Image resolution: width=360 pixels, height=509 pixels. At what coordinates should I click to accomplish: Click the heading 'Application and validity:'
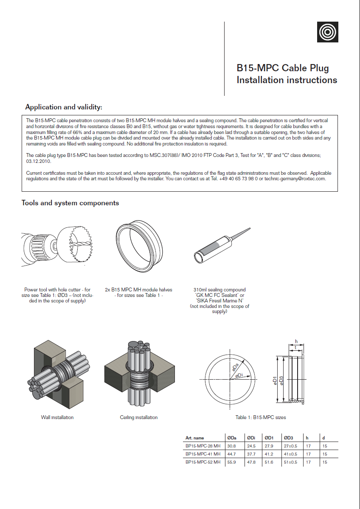64,107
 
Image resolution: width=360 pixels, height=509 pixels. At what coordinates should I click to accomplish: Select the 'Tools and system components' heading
70,203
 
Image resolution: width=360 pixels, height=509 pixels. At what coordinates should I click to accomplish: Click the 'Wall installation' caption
57,417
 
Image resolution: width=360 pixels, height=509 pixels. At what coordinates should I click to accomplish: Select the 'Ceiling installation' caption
139,417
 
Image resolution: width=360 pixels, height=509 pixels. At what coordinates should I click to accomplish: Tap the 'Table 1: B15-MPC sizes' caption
261,417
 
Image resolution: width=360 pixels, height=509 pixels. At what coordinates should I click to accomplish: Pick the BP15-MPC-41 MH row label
203,454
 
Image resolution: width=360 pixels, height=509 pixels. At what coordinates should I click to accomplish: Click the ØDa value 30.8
231,446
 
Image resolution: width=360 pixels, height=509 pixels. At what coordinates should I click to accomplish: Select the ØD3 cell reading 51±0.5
291,462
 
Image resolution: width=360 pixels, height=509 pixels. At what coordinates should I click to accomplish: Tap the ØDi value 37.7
251,454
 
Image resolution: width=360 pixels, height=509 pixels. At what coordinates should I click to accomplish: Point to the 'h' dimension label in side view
296,341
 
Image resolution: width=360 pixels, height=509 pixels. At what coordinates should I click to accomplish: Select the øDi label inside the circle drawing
239,375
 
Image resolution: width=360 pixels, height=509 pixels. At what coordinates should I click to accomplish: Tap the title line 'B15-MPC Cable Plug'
282,68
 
